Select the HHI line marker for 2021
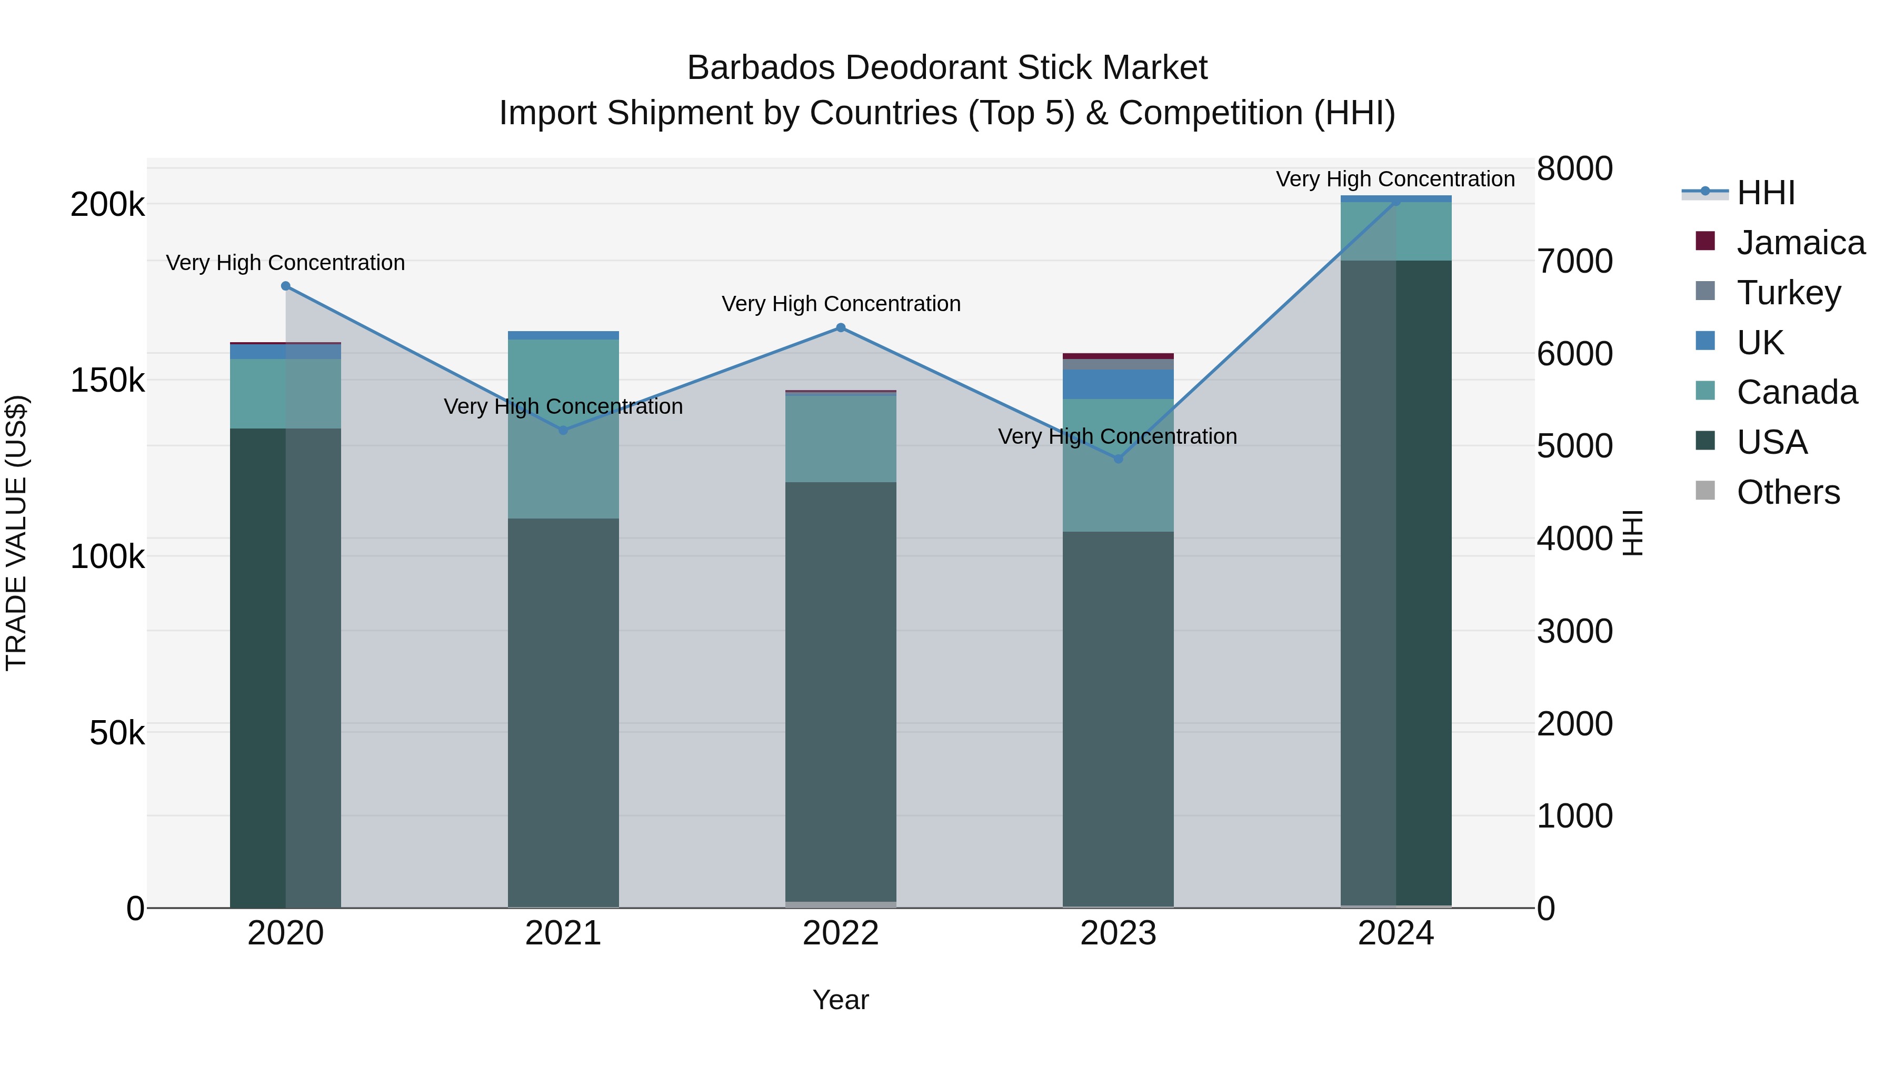click(x=563, y=431)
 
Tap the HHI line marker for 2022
click(x=841, y=328)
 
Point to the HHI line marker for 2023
click(x=1118, y=459)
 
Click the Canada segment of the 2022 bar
click(x=841, y=439)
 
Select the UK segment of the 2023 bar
click(x=1118, y=384)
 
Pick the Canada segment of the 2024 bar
click(x=1395, y=231)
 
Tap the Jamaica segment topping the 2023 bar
click(x=1118, y=356)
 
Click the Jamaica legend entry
click(x=1800, y=243)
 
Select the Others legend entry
click(x=1788, y=492)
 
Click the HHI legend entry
click(x=1766, y=193)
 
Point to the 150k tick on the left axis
click(x=107, y=381)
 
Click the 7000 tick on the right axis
click(x=1575, y=261)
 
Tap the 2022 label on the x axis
click(x=841, y=933)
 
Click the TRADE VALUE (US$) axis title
click(x=17, y=533)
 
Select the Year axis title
click(x=841, y=1000)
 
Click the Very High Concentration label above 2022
click(x=841, y=304)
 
